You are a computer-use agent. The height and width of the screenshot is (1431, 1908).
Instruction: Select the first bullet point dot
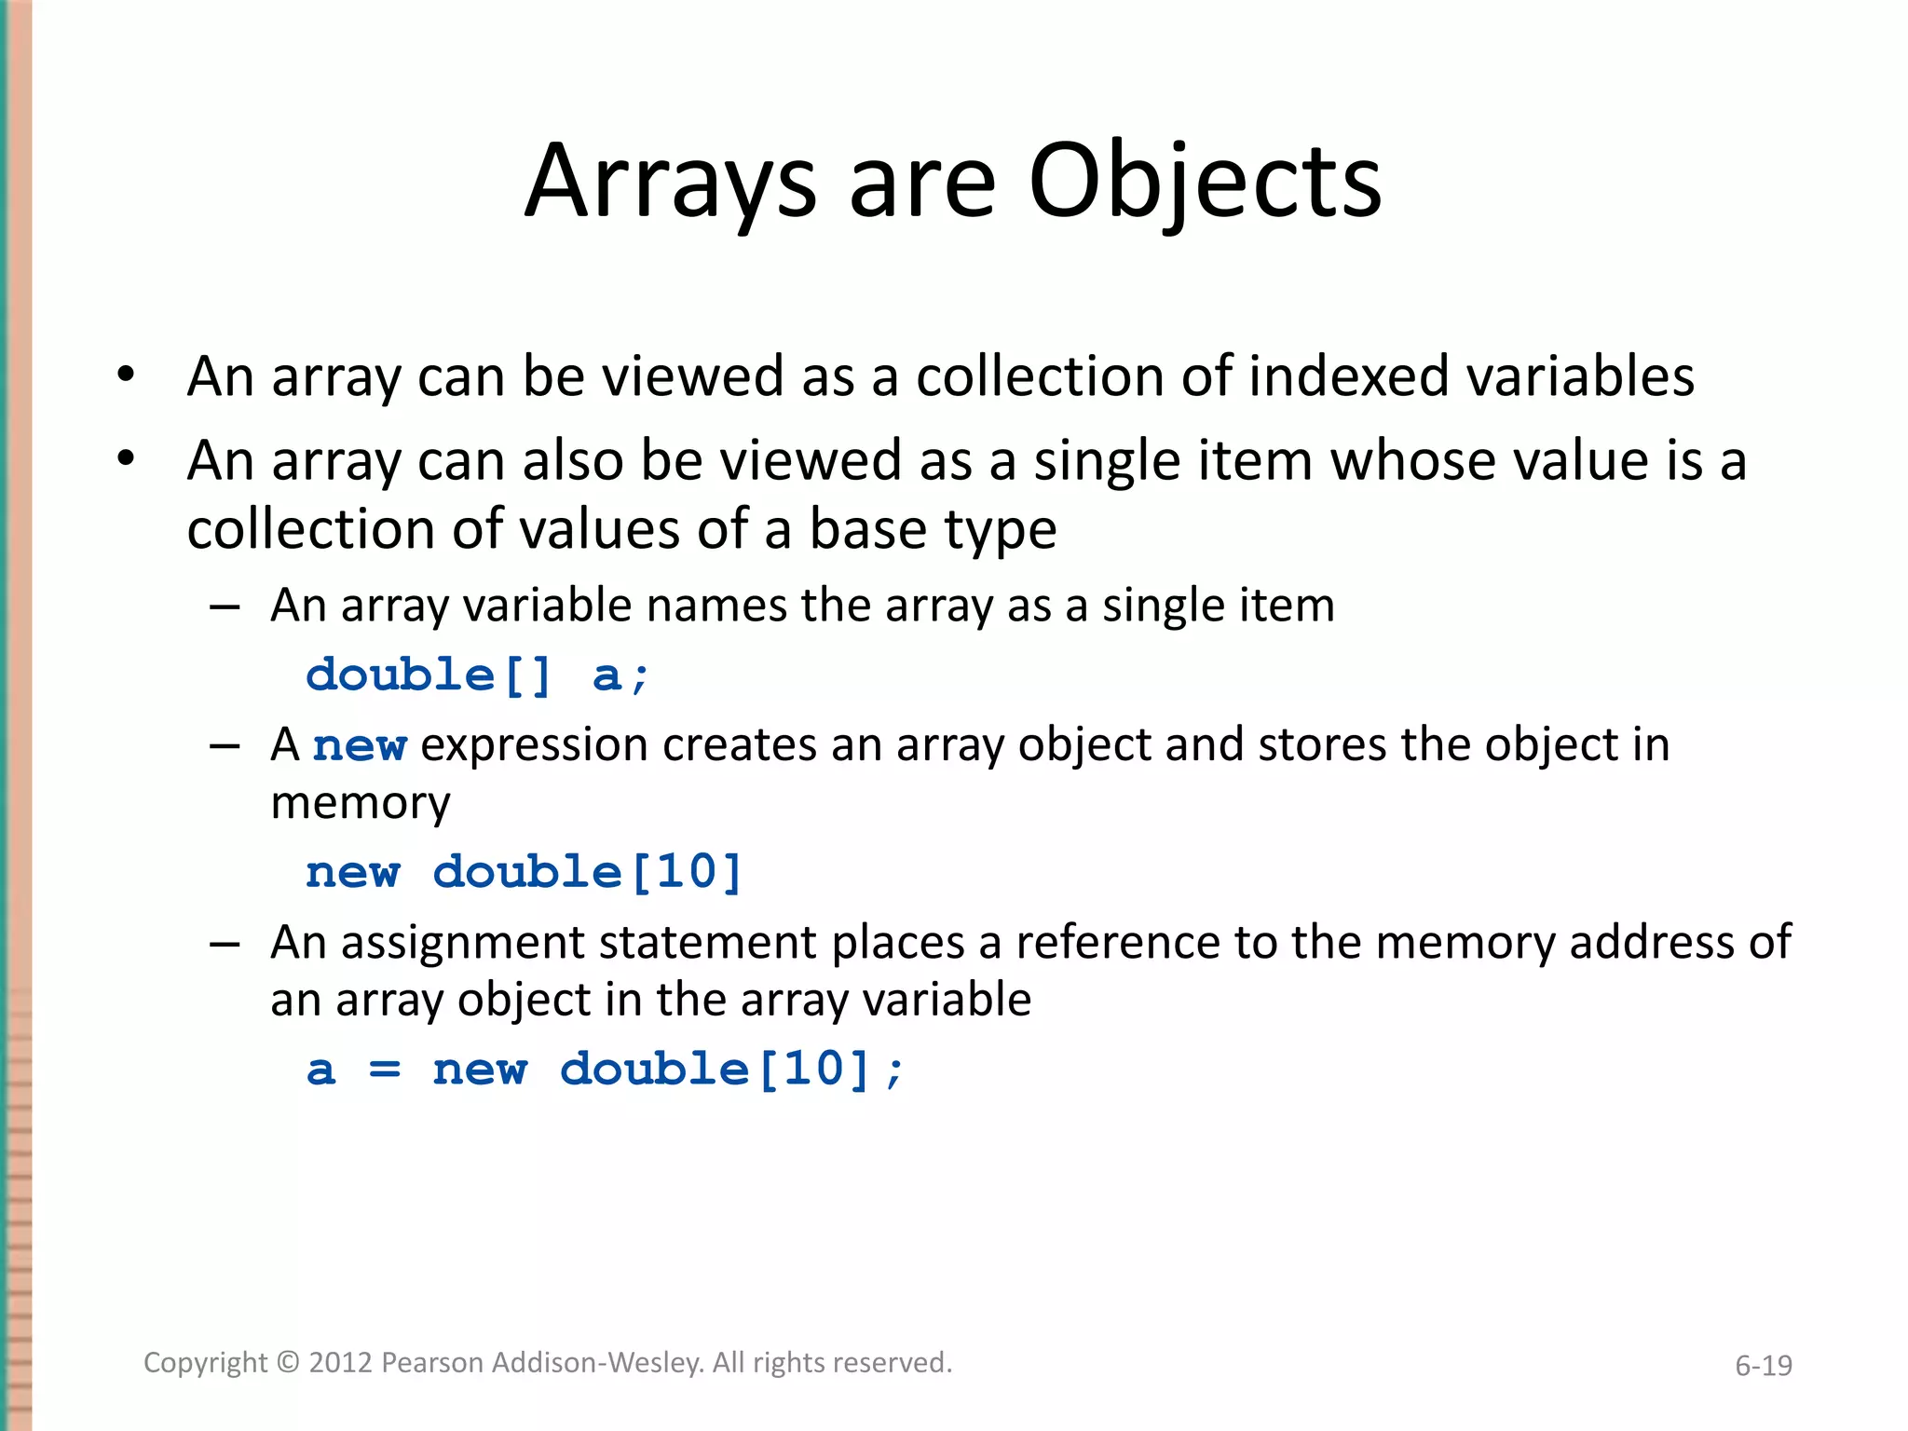[126, 375]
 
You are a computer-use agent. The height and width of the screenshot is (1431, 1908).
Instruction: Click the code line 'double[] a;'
[477, 675]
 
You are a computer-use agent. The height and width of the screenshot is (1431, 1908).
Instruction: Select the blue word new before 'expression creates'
[360, 746]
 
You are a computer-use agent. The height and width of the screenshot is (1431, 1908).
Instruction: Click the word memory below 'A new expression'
[361, 803]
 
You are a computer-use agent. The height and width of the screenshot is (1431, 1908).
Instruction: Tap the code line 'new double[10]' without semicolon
[524, 872]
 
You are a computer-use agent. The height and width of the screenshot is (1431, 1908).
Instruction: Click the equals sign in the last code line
[385, 1070]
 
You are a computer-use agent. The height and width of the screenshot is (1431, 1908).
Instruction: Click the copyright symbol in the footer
[289, 1363]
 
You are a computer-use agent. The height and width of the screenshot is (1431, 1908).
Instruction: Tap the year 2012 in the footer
[341, 1363]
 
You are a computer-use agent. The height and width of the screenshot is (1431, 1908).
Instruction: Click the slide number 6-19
[1763, 1366]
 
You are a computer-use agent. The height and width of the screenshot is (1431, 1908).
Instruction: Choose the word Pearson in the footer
[433, 1363]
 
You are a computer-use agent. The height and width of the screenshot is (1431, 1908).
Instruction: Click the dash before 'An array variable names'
[225, 607]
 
